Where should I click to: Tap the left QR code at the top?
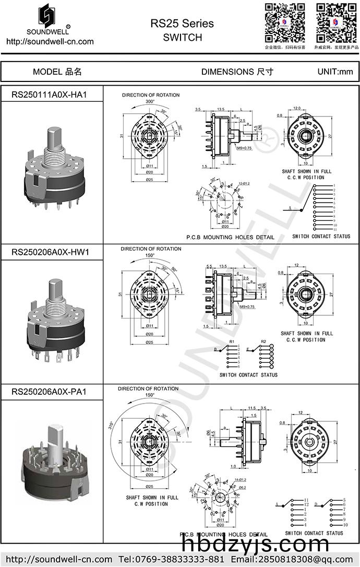click(x=284, y=22)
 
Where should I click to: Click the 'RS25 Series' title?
click(x=182, y=23)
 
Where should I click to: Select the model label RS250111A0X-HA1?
click(x=49, y=95)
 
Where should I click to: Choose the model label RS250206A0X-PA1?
click(x=49, y=392)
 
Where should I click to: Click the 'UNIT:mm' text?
click(x=335, y=72)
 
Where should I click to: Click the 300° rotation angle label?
click(x=150, y=101)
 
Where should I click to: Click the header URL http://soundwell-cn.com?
click(x=50, y=42)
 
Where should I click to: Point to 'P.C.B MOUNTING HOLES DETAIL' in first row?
click(x=230, y=237)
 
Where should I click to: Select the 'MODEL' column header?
click(x=57, y=72)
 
